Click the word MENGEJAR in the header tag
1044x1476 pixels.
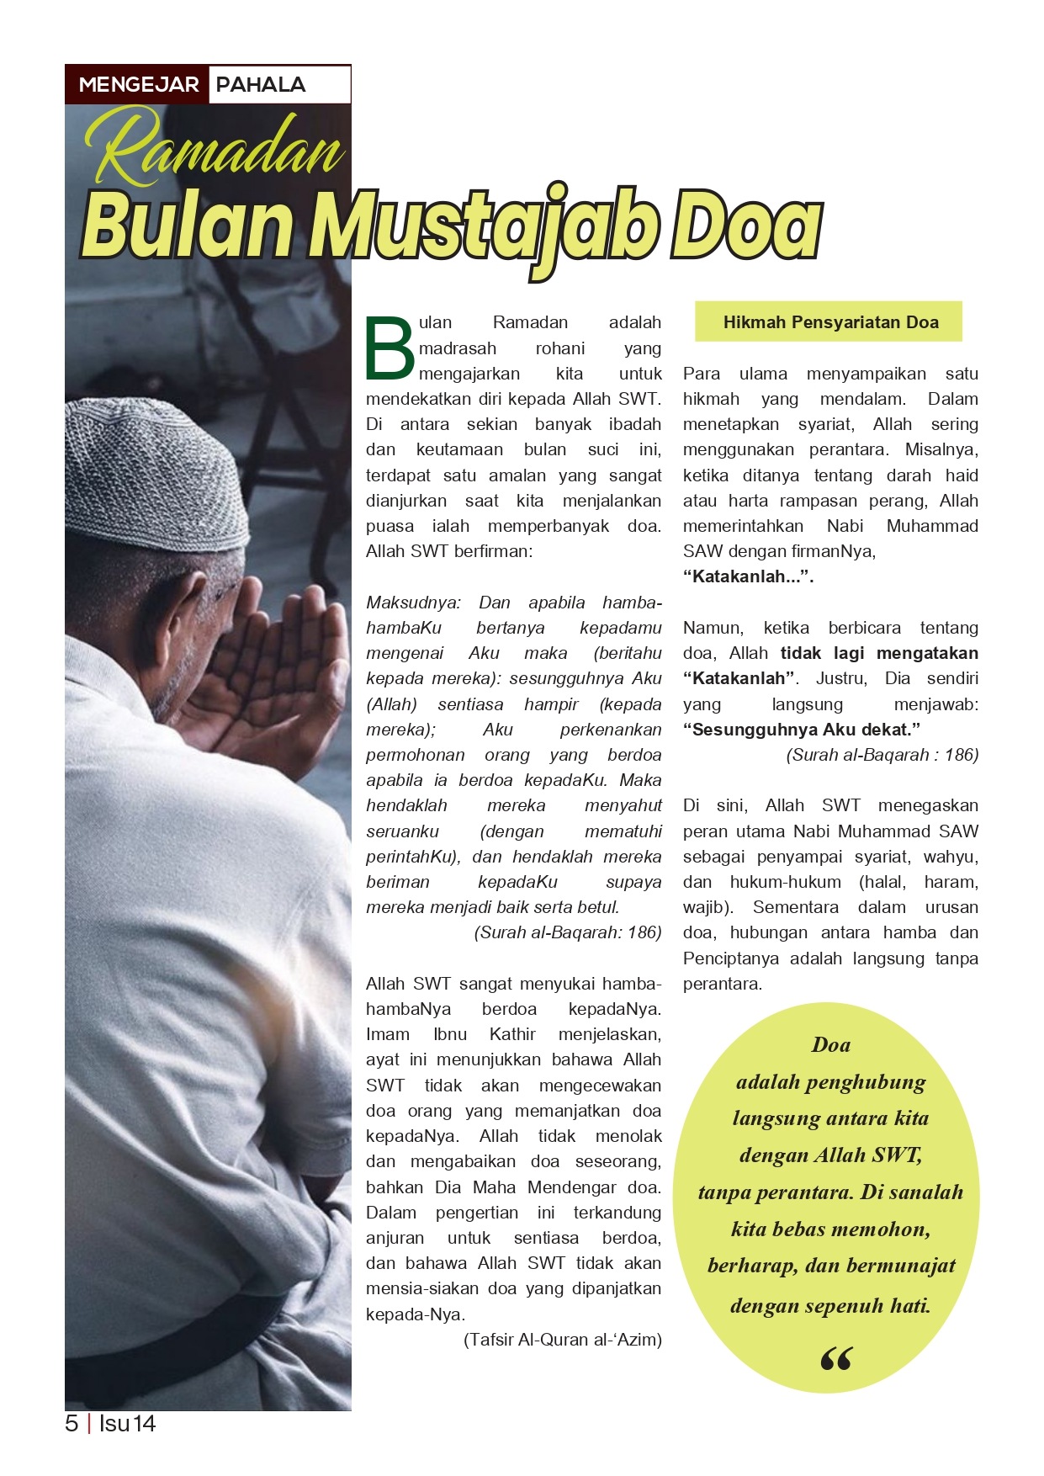[x=138, y=85]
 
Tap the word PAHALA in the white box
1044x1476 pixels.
[x=260, y=85]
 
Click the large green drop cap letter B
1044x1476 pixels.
[x=390, y=348]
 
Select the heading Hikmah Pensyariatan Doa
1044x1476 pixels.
[x=829, y=322]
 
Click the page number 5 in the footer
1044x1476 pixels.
[x=72, y=1424]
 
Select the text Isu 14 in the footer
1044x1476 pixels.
[x=128, y=1424]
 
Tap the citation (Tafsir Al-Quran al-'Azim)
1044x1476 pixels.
[x=562, y=1340]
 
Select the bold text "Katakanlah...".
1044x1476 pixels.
[x=748, y=576]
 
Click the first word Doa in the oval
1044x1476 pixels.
[x=830, y=1045]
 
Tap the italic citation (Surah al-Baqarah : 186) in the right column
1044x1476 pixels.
[x=882, y=755]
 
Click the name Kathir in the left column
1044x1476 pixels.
[x=511, y=1034]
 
